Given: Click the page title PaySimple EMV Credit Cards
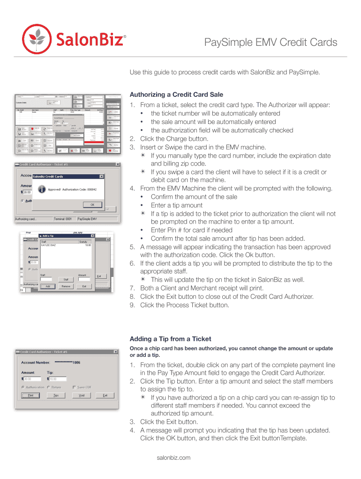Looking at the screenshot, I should click(271, 43).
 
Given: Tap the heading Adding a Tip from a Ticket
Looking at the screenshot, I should click(170, 339).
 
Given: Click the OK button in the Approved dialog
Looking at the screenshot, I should click(93, 204).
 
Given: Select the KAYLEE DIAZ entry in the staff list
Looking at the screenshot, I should click(49, 245).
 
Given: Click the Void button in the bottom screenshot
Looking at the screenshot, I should click(82, 395).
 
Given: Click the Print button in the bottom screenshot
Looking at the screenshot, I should click(30, 395).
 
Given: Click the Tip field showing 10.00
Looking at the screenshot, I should click(56, 379).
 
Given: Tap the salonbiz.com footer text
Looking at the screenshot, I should click(173, 457).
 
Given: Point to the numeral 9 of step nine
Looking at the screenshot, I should click(132, 305).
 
